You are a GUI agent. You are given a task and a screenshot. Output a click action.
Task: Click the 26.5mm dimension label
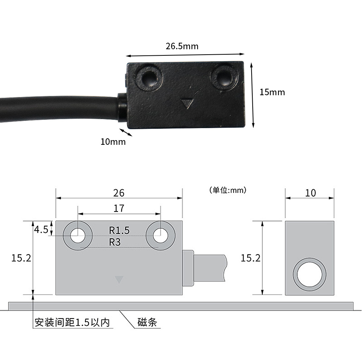tap(182, 46)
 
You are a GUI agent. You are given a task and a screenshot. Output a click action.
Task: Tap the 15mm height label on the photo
tap(272, 92)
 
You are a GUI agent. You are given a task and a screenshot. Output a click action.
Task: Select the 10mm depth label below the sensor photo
tap(113, 142)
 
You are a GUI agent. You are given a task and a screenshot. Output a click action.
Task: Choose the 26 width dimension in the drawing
tap(119, 193)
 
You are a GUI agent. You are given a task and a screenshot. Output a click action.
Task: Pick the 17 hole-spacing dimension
tap(119, 208)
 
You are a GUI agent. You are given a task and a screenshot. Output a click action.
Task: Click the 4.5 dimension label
tap(41, 230)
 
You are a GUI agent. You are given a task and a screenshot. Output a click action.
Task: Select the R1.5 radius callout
tap(119, 230)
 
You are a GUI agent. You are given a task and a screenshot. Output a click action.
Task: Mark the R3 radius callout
tap(115, 242)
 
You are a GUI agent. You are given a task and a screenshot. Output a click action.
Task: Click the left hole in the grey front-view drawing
tap(77, 236)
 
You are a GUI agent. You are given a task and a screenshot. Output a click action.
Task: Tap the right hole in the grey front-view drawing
tap(160, 236)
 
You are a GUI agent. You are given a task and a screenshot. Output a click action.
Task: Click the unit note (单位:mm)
tap(228, 190)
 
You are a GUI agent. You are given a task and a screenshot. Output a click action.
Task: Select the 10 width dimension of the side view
tap(310, 193)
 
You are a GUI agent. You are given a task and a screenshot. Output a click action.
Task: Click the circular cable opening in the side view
tap(310, 274)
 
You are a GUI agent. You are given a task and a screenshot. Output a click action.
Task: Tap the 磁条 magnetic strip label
tap(147, 322)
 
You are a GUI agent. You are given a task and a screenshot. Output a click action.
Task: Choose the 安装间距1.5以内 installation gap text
tap(72, 322)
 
